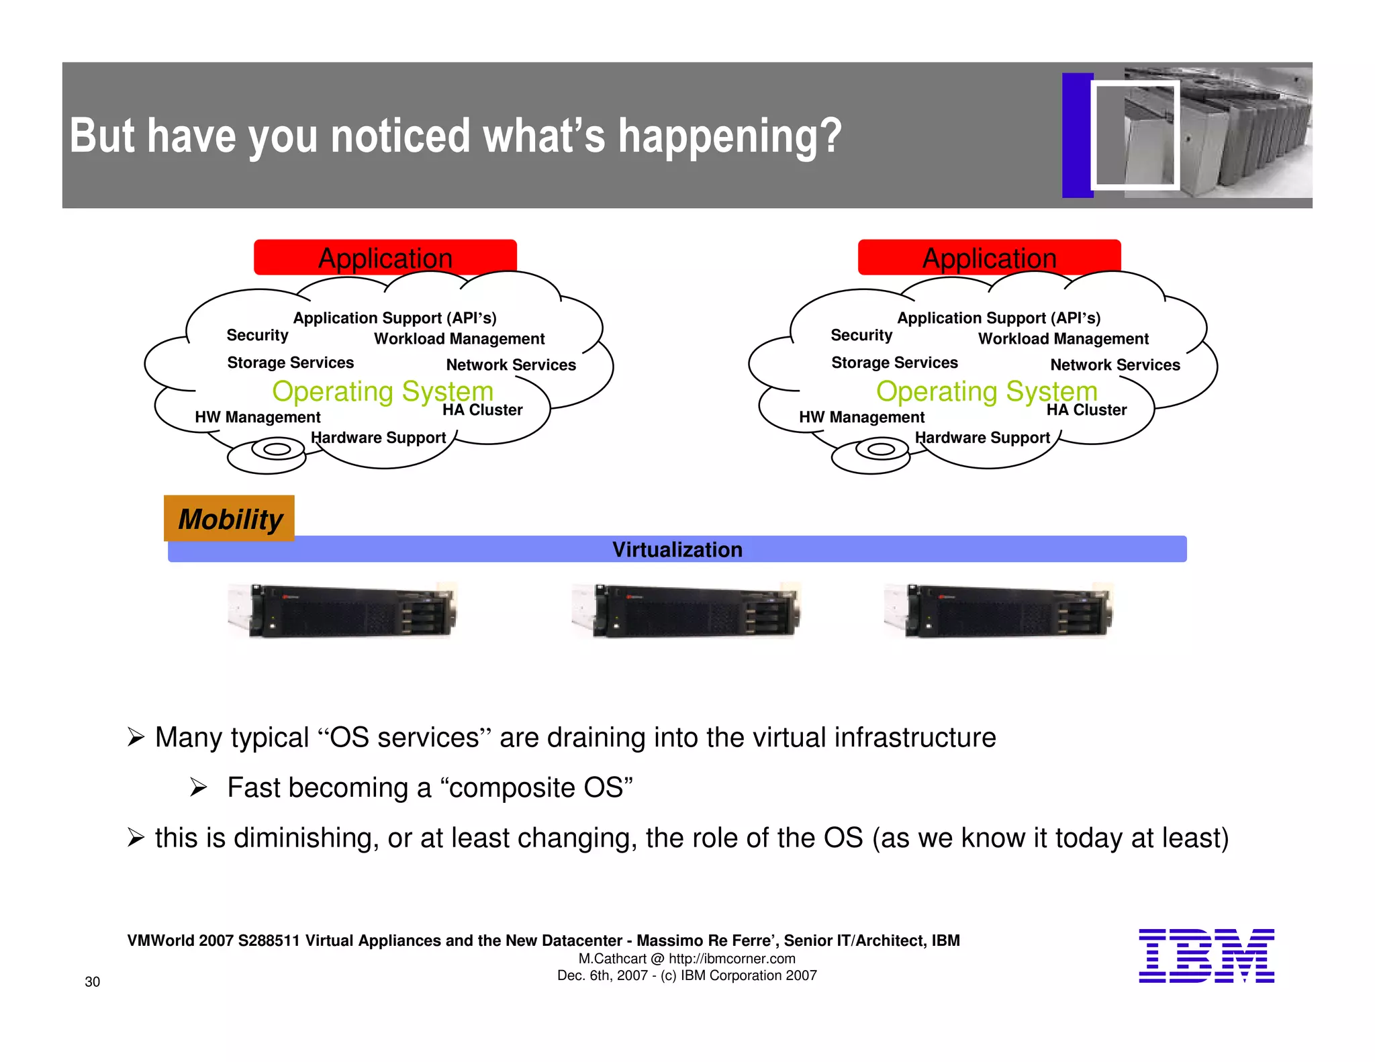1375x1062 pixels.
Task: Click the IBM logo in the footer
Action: point(1206,955)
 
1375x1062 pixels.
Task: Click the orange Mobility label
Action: point(230,519)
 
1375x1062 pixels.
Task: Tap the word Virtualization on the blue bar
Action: point(677,550)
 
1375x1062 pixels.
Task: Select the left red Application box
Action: point(385,258)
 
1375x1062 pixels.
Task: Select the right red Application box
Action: point(989,258)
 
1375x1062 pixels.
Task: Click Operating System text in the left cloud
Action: point(383,391)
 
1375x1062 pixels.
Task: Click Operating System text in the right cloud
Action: point(986,391)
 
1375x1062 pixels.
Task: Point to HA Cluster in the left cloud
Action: point(482,410)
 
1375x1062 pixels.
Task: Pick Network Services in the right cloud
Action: point(1115,365)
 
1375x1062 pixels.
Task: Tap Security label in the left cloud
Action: point(257,335)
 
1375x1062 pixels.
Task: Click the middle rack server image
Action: point(686,610)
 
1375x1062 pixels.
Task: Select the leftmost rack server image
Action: point(343,610)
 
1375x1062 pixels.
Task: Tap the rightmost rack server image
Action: point(998,610)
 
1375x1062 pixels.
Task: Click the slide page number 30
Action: point(92,982)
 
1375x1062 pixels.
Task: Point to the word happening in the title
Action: point(730,136)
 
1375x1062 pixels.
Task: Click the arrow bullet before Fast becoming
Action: point(198,787)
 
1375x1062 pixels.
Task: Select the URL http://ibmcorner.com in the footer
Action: point(732,959)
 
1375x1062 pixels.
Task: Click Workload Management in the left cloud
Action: point(459,339)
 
